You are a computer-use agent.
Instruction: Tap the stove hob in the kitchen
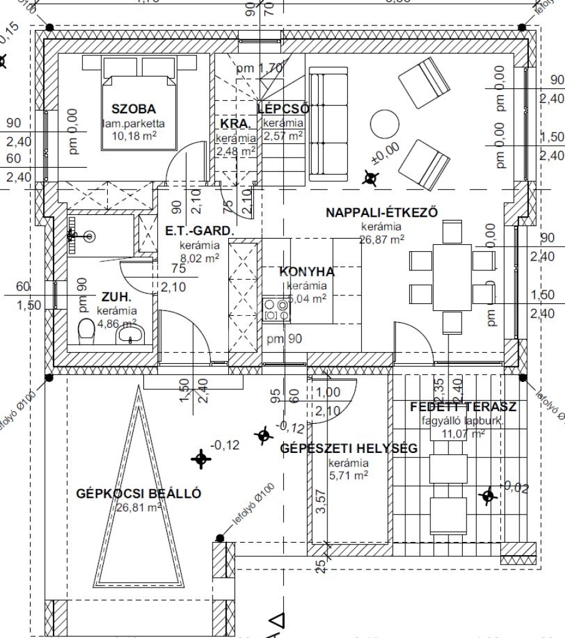(277, 309)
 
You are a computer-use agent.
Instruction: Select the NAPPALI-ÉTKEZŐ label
(382, 212)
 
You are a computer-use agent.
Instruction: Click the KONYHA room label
(307, 272)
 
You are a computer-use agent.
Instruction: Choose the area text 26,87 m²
(382, 238)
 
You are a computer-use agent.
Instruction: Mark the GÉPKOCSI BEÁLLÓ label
(138, 494)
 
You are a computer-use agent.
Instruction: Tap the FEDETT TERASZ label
(463, 407)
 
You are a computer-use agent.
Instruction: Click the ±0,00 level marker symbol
(370, 179)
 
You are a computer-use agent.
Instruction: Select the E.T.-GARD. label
(200, 231)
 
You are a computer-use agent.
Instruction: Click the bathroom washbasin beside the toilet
(130, 335)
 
